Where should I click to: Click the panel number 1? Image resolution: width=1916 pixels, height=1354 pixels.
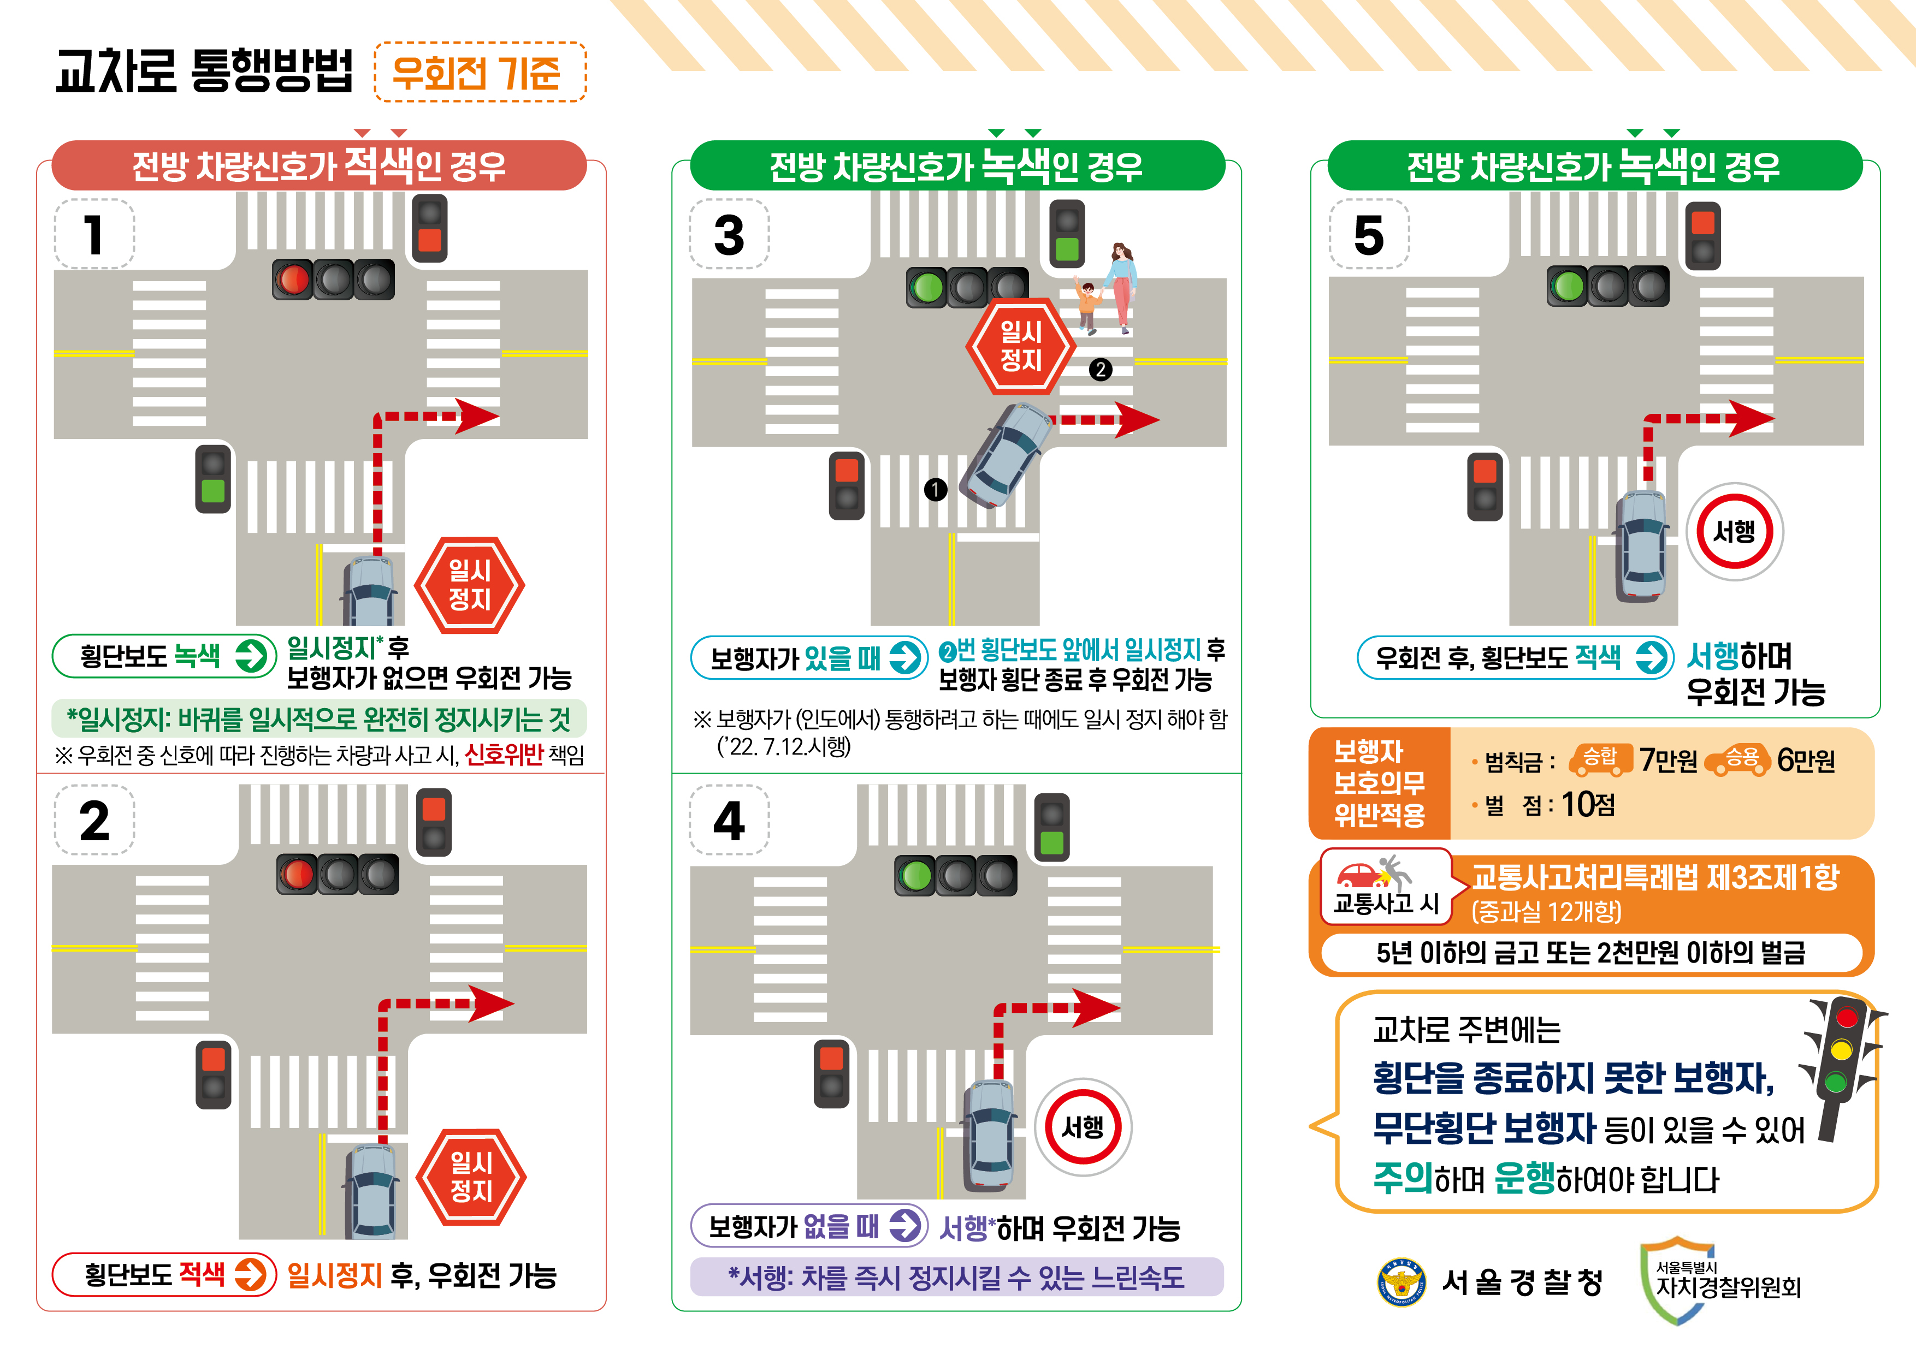tap(93, 234)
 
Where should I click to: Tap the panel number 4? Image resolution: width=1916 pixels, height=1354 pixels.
tap(729, 821)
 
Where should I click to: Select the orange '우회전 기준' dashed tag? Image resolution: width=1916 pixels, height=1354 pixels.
tap(480, 72)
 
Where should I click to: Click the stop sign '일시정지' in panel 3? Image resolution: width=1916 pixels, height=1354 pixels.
tap(1021, 346)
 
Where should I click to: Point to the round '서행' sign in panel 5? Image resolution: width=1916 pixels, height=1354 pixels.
tap(1734, 531)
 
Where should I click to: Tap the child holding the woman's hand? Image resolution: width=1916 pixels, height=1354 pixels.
tap(1086, 307)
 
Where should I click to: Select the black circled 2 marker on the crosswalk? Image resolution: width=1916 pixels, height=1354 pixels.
tap(1100, 370)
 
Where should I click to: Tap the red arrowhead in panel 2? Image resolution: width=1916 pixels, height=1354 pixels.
tap(490, 1003)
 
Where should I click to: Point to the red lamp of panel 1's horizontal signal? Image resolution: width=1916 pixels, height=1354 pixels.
tap(293, 280)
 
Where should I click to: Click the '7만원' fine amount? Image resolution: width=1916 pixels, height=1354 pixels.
tap(1667, 760)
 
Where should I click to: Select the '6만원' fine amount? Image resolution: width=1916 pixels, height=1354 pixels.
tap(1806, 760)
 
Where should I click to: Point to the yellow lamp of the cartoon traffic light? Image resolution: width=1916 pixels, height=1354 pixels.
tap(1841, 1049)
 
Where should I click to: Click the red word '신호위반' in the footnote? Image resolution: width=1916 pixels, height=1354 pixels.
tap(503, 755)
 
